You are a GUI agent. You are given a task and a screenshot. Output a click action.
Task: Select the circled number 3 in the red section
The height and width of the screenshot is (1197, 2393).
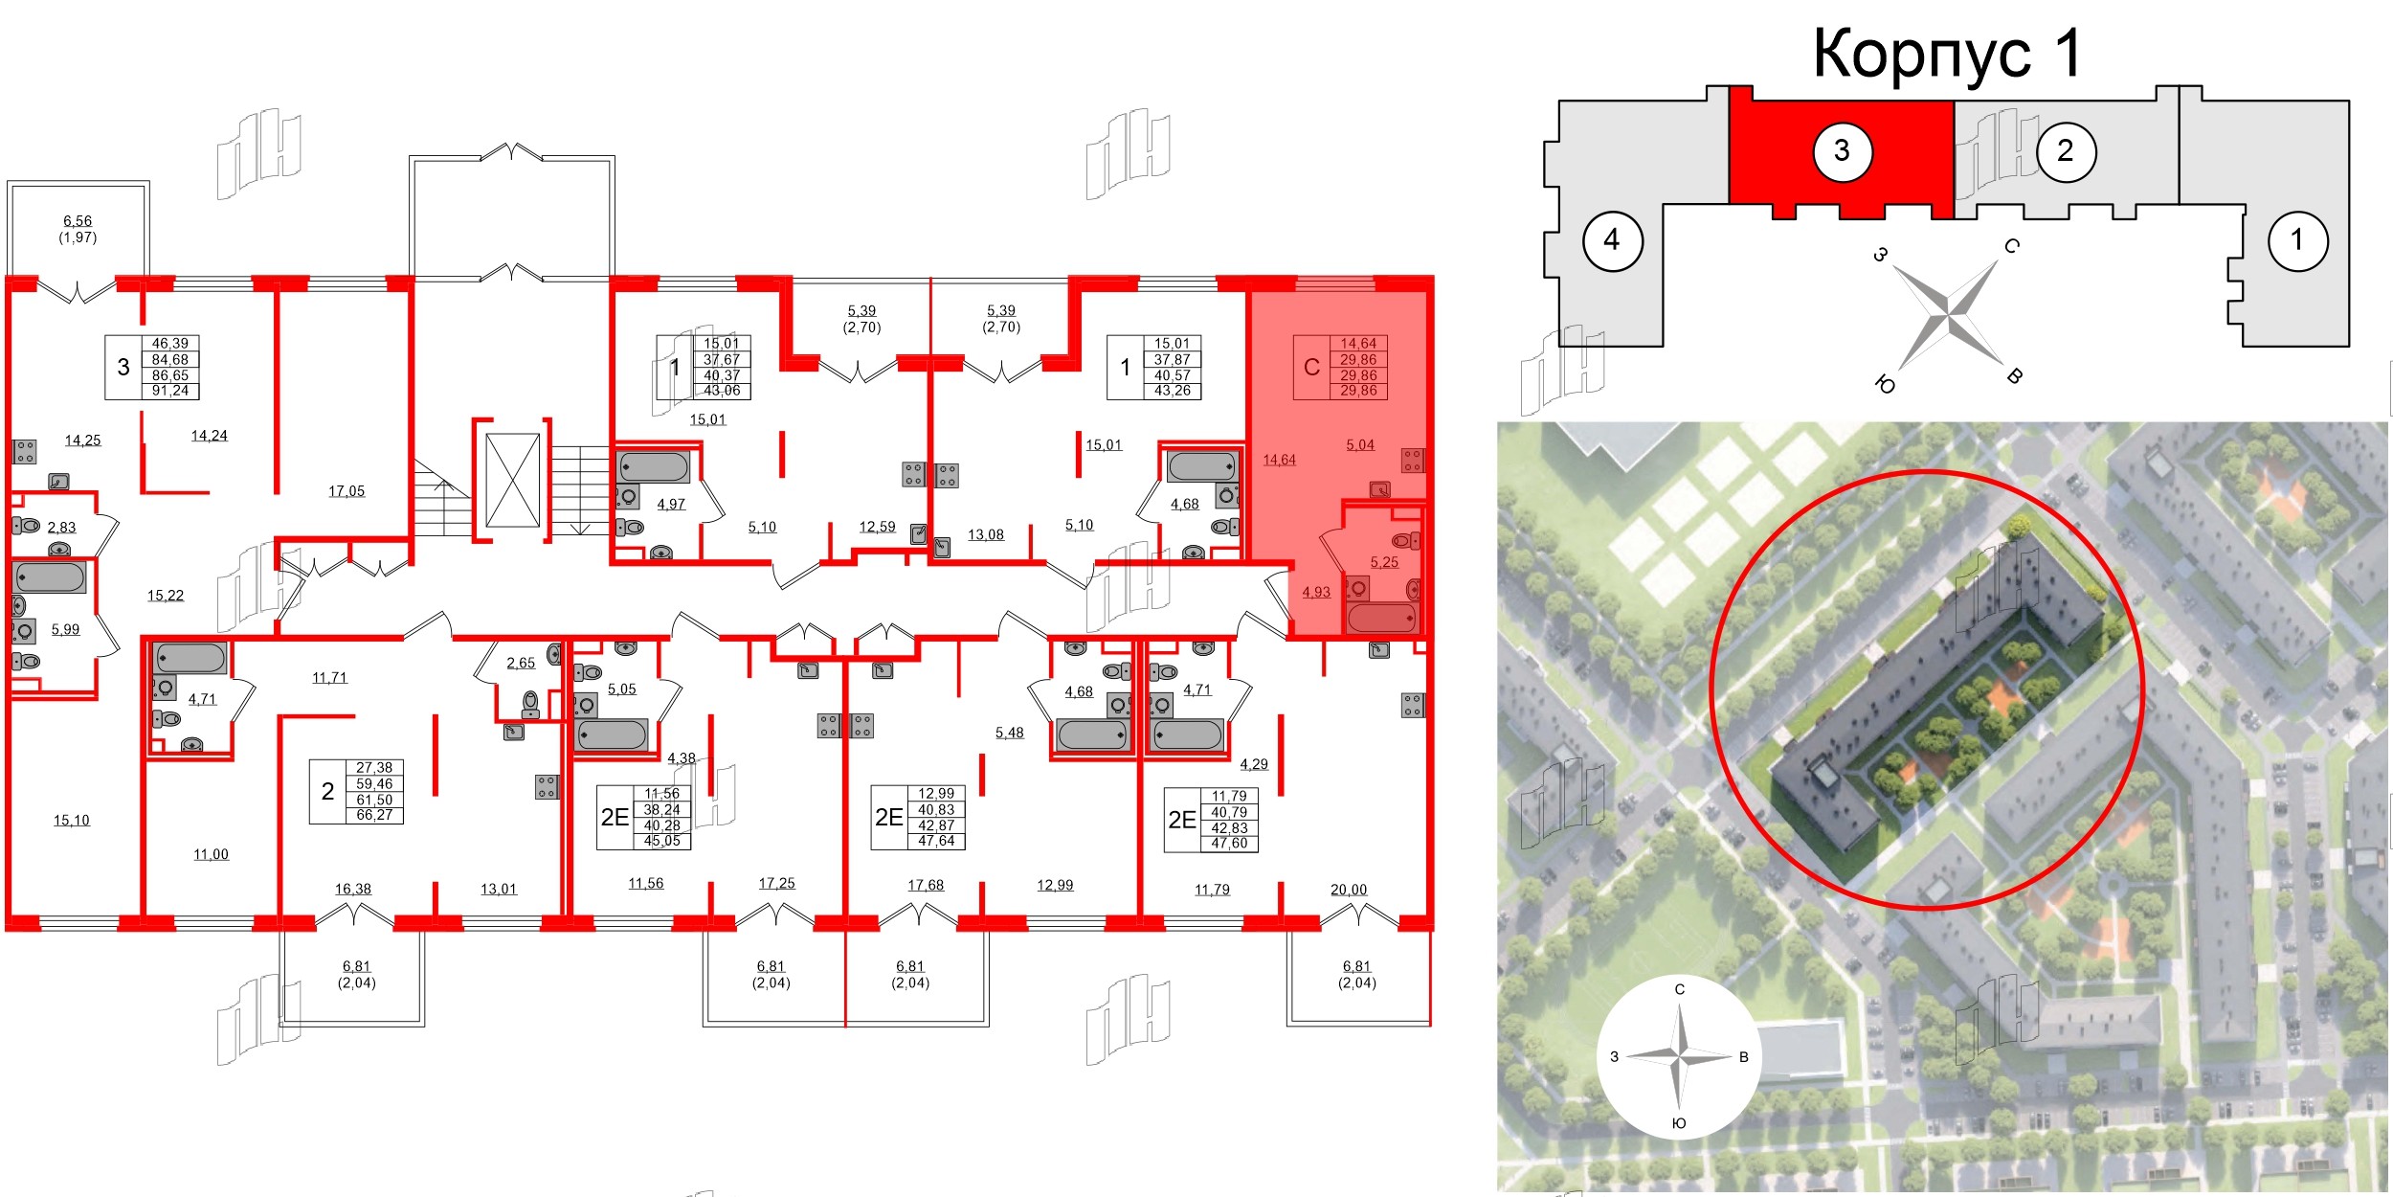1842,150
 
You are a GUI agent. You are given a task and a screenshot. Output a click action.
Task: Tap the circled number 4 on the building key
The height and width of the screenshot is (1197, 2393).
1612,239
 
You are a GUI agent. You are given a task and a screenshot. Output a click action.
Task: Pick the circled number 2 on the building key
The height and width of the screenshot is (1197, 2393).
2065,150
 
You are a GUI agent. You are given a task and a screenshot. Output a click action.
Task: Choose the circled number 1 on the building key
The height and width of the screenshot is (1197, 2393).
2297,239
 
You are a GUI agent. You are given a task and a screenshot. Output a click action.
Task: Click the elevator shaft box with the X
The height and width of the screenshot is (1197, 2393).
512,480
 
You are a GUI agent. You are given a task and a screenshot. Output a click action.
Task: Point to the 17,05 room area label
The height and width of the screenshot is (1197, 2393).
347,491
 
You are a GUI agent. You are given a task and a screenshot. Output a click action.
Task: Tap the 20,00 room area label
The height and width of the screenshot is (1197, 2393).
1349,890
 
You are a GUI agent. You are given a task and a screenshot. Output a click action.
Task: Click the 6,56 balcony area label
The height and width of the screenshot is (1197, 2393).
78,221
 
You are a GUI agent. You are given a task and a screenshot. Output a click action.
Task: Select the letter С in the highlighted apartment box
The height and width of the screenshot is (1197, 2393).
1311,367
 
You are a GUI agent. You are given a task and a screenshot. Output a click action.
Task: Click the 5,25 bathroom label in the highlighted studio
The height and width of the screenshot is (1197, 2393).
1384,562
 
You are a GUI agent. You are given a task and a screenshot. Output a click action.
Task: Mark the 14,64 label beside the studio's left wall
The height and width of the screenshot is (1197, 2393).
1279,460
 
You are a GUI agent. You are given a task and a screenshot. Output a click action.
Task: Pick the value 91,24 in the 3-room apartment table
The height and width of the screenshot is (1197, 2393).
170,391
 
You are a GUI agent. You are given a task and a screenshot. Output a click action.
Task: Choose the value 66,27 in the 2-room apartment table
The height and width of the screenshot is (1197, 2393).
374,815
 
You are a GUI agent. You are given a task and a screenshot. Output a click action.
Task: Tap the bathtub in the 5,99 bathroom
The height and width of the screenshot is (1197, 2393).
51,578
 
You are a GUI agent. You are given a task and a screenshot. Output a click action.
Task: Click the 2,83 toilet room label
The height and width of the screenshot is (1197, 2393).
61,528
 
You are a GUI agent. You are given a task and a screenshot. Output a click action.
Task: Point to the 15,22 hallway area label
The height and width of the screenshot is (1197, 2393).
165,596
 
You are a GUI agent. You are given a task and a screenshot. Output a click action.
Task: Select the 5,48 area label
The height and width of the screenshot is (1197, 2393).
1009,733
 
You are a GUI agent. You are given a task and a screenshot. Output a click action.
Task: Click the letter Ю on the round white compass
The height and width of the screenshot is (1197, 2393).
1678,1123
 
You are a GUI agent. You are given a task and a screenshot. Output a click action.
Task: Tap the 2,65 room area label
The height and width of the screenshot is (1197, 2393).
521,663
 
